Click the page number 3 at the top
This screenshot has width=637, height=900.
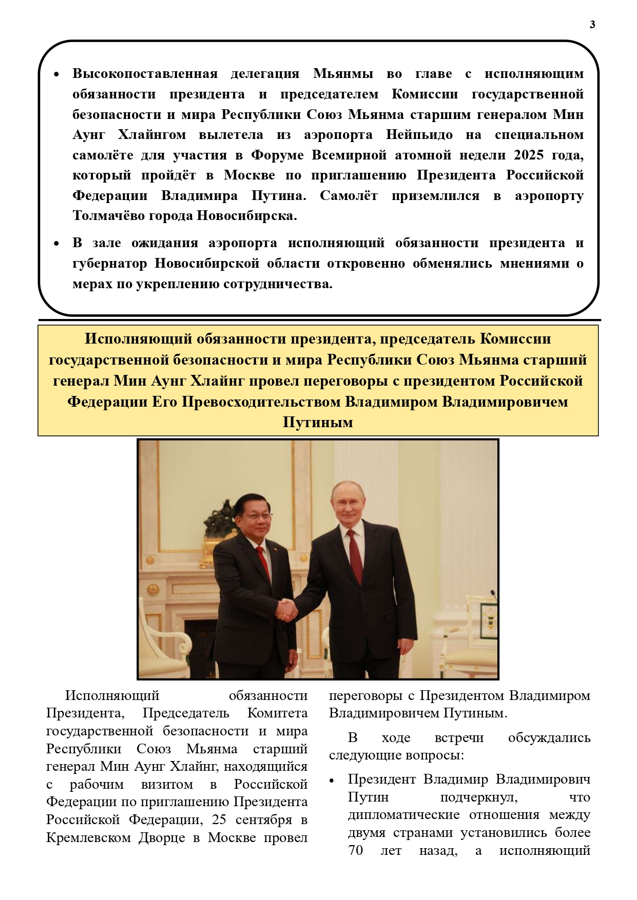592,25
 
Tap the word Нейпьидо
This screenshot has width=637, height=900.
419,135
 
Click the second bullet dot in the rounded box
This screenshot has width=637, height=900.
57,244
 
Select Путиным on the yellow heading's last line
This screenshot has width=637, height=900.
318,423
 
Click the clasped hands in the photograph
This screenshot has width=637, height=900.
286,609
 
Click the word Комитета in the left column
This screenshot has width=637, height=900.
277,713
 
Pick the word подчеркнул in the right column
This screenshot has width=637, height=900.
478,797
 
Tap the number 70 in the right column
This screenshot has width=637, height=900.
355,850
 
